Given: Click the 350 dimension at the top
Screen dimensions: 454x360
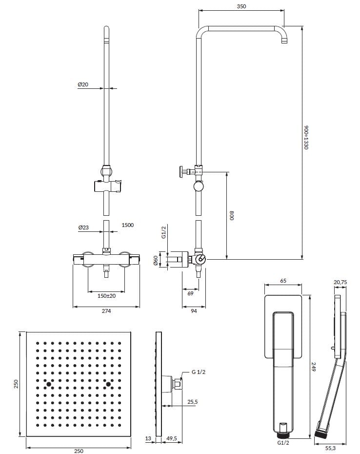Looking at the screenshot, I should pos(241,6).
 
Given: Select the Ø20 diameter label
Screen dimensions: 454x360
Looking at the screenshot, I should pos(83,84).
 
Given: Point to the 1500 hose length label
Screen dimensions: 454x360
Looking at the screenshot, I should pos(127,225).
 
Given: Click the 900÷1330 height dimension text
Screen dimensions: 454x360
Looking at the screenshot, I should pos(306,137).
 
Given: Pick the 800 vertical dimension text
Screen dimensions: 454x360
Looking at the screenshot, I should pos(233,215).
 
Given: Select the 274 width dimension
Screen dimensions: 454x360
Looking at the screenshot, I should pos(106,311).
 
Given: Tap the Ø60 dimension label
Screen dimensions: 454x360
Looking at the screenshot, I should pos(157,261).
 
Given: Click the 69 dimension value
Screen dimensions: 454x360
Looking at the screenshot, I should pos(190,293).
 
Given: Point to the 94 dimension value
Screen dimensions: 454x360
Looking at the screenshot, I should pos(194,311).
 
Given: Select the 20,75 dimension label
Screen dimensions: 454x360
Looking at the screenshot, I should pos(340,281).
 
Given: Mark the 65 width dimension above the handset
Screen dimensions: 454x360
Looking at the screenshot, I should pos(283,281).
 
